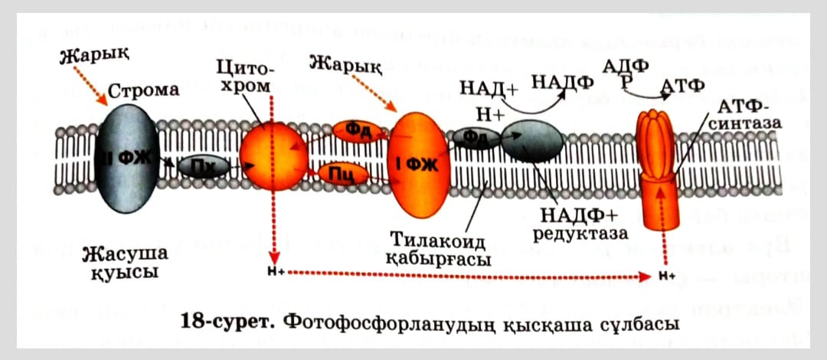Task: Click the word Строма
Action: (144, 90)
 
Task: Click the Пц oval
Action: (342, 175)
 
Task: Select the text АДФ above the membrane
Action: (626, 67)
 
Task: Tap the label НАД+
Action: (489, 88)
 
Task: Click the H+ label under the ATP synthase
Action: (664, 274)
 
